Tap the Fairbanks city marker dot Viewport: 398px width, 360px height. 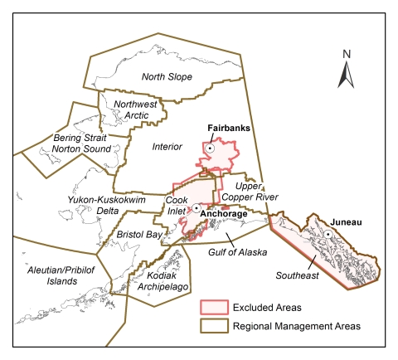[x=211, y=147]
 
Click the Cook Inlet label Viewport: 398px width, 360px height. [x=177, y=206]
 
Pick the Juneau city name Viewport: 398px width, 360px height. [x=346, y=222]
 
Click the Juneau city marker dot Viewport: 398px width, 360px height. [x=328, y=235]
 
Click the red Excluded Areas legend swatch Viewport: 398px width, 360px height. [x=215, y=307]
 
